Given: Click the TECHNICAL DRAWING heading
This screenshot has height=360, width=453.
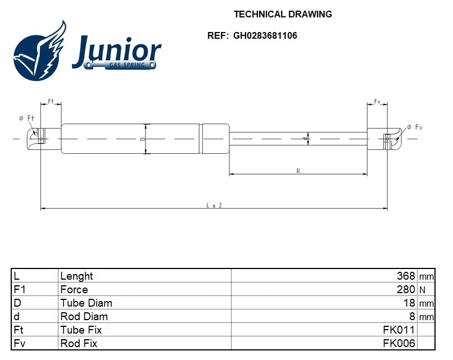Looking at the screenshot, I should [283, 14].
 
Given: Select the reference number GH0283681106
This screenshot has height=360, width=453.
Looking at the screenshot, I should [265, 35].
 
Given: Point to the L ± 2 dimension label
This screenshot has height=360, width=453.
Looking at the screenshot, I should [214, 205].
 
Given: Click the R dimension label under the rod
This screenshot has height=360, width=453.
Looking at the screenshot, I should [298, 170].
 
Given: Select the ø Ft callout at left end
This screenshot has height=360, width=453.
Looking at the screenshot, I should [26, 118].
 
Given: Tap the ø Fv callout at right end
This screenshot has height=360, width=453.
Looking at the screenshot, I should [414, 127].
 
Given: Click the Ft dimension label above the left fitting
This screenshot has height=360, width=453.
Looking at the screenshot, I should [51, 102].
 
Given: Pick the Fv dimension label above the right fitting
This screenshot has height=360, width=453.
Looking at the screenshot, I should [377, 102].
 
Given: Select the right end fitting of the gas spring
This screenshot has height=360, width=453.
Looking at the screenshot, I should [384, 138].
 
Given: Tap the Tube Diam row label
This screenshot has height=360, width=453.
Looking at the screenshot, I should [86, 303].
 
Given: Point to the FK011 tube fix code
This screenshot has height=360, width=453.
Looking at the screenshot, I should [398, 330].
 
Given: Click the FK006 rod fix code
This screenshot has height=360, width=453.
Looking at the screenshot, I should [398, 343].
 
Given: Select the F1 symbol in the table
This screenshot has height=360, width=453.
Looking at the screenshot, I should [20, 289].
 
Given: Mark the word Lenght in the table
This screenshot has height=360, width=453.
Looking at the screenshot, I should [76, 276].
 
